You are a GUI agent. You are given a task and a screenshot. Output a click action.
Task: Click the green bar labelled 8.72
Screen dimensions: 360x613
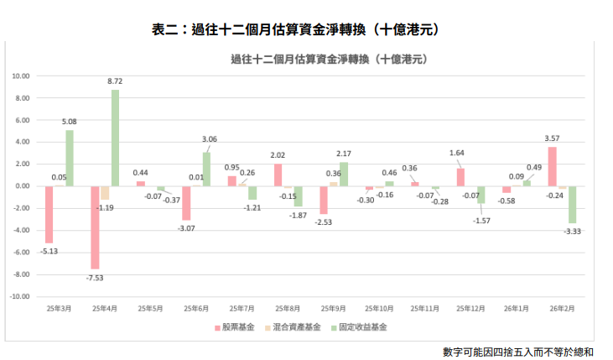coord(115,138)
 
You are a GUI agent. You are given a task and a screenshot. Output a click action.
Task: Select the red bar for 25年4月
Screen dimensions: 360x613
coord(96,227)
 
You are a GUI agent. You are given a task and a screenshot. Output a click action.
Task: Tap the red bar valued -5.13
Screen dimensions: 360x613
coord(49,214)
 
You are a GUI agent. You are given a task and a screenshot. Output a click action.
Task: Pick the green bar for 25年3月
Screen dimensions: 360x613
coord(70,158)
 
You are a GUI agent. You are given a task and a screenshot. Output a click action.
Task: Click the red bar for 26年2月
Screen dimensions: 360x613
coord(552,166)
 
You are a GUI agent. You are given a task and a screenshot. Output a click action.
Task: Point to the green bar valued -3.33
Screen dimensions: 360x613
coord(572,204)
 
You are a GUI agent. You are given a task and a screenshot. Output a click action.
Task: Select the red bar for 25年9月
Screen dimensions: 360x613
coord(324,200)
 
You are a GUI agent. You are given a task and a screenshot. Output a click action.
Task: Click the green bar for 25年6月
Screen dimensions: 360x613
coord(206,169)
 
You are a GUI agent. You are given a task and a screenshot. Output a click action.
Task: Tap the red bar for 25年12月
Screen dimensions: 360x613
coord(460,177)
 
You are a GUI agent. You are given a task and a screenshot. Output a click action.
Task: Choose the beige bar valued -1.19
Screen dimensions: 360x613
coord(105,192)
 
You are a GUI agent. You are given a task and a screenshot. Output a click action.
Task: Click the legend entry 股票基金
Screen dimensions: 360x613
coord(234,327)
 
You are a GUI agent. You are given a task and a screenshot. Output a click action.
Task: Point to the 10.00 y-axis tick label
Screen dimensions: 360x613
coord(20,76)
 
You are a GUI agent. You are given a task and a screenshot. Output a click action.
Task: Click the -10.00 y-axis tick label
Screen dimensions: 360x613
coord(19,296)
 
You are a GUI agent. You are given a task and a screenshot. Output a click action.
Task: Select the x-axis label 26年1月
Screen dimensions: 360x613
coord(517,309)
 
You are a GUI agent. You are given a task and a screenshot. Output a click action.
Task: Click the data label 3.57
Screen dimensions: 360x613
coord(553,138)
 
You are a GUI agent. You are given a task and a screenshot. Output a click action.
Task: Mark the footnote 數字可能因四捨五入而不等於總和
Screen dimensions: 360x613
coord(518,350)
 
